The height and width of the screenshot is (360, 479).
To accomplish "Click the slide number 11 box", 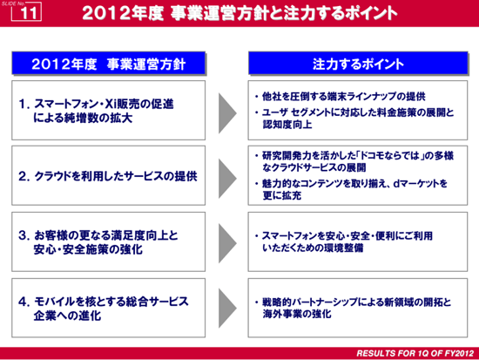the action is coord(26,12).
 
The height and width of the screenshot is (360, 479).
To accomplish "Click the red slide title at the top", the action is coord(239,13).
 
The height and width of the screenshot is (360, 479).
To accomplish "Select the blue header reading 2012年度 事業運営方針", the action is coord(109,64).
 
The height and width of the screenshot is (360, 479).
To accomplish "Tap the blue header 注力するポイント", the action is coord(358,64).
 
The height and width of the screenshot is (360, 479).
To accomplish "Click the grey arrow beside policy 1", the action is coord(227,113).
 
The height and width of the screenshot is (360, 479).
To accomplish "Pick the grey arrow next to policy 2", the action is coord(227,179).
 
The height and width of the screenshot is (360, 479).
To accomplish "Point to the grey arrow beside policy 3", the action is coord(227,243).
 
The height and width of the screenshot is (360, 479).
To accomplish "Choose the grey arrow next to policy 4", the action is coord(227,308).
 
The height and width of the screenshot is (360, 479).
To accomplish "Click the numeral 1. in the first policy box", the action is coord(24,104).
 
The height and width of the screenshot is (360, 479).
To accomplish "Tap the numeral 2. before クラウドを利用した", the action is coord(24,176).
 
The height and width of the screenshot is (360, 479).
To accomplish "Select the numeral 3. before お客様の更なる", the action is coord(24,235).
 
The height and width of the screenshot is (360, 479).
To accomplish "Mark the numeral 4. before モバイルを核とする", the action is coord(24,302).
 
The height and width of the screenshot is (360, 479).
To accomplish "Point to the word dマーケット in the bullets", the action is coord(416,184).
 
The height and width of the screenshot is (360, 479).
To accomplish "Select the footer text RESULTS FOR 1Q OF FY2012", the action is coord(415,353).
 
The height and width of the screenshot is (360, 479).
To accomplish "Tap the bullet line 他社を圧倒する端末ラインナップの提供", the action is coord(344,97).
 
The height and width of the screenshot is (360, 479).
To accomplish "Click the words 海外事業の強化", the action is coord(297,314).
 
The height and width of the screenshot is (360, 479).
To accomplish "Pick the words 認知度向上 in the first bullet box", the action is coord(287,124).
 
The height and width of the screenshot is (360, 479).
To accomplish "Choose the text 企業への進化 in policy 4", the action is coord(67,316).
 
